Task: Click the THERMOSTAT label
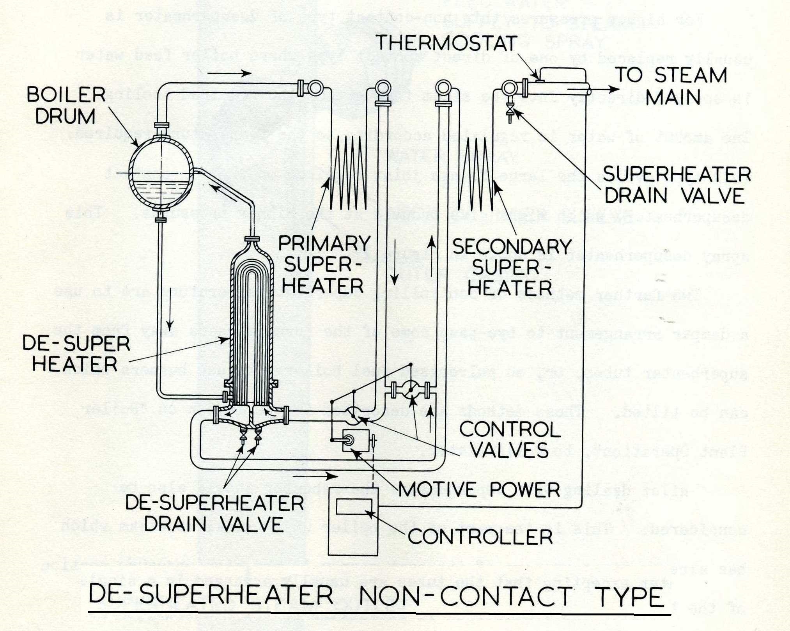click(x=446, y=43)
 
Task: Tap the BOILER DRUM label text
click(x=66, y=105)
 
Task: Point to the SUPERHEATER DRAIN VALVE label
click(x=676, y=185)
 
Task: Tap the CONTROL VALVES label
click(x=510, y=440)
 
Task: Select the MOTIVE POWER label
click(x=479, y=489)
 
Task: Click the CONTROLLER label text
click(x=480, y=537)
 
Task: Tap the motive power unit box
click(x=355, y=440)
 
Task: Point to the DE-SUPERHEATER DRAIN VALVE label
click(x=214, y=514)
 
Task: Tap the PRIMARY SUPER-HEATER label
click(x=324, y=265)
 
